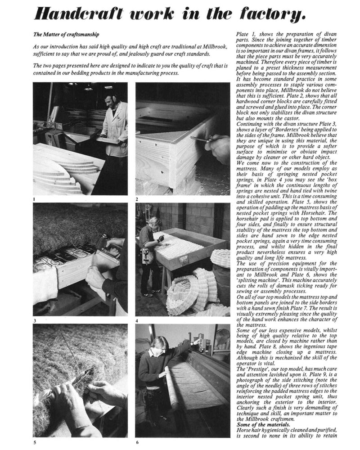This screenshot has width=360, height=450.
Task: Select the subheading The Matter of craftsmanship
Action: click(x=67, y=34)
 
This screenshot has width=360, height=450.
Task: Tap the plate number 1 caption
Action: click(x=35, y=198)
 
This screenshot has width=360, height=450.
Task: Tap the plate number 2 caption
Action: click(x=137, y=198)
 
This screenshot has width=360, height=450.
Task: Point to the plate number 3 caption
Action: click(x=35, y=320)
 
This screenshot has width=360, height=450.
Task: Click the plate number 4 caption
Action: click(x=137, y=320)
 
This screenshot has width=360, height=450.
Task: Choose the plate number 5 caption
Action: click(x=35, y=442)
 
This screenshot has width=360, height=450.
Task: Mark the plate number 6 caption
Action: click(x=137, y=442)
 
